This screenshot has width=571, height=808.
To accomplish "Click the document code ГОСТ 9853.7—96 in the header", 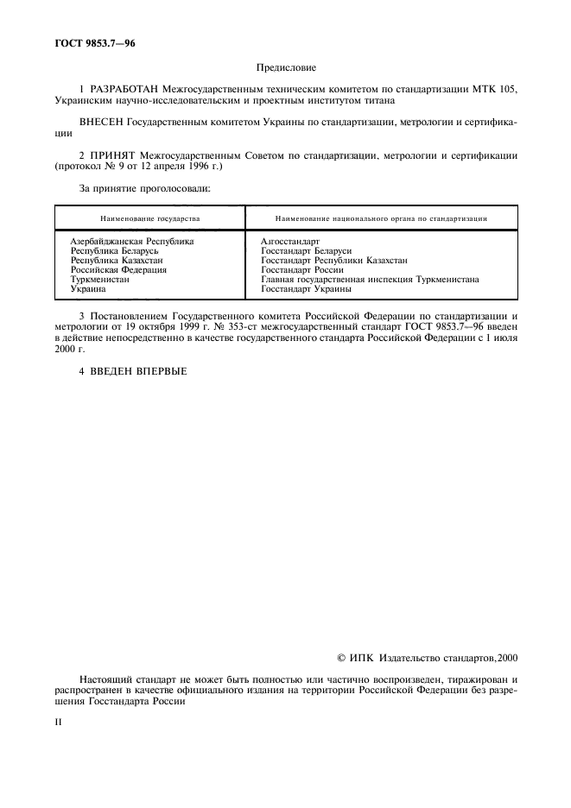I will pyautogui.click(x=86, y=42).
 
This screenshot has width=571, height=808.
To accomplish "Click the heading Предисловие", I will pyautogui.click(x=285, y=66).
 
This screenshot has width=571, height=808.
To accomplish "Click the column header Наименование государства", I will pyautogui.click(x=149, y=219).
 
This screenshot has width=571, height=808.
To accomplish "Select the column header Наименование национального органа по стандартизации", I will pyautogui.click(x=380, y=219).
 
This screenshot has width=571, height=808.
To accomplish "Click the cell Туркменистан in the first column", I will pyautogui.click(x=100, y=280).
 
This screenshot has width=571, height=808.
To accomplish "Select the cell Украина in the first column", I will pyautogui.click(x=87, y=289).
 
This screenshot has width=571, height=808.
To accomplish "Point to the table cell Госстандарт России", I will pyautogui.click(x=301, y=269).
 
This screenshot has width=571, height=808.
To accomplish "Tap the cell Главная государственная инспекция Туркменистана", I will pyautogui.click(x=370, y=280).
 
